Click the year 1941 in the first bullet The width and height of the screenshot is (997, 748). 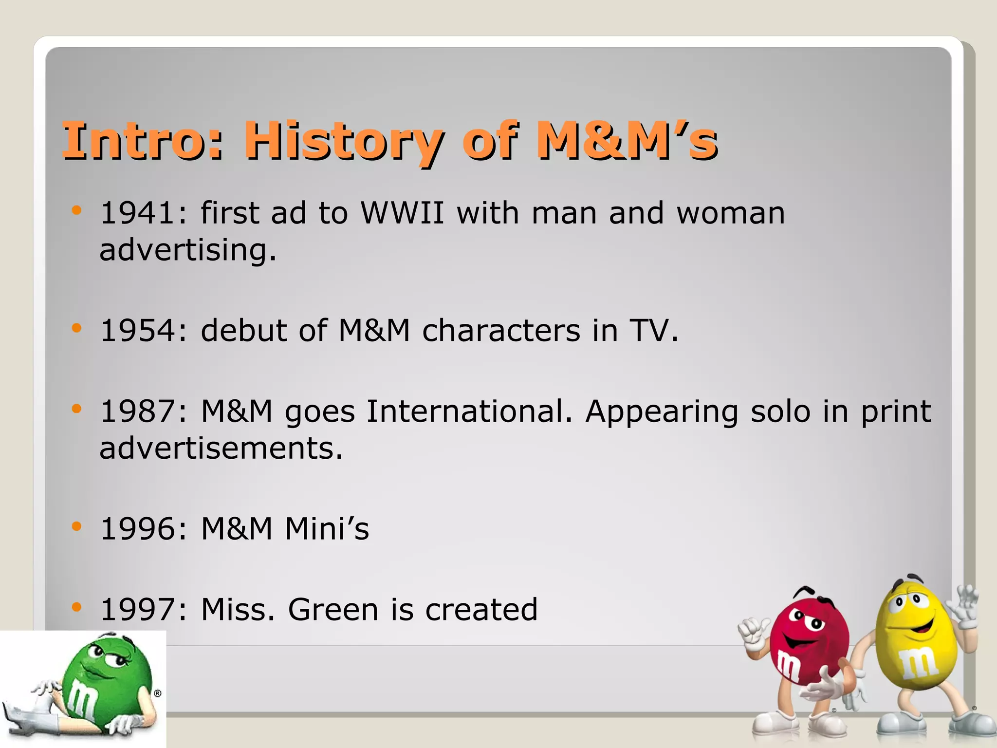[138, 213]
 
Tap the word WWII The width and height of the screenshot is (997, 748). [402, 213]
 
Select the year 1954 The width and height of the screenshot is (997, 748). [138, 331]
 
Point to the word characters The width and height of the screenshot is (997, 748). [501, 331]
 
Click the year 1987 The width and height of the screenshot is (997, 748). [138, 411]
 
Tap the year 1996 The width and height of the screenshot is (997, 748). [138, 529]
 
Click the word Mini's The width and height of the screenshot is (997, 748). [327, 529]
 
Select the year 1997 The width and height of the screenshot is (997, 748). [138, 610]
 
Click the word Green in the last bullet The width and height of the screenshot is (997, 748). [333, 610]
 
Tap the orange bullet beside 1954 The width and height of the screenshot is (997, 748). [76, 328]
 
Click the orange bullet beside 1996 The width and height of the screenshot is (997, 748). [76, 526]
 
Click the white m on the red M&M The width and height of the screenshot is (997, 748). [788, 666]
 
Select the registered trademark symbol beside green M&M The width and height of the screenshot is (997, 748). [157, 693]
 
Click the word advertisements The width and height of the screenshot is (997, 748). [221, 448]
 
